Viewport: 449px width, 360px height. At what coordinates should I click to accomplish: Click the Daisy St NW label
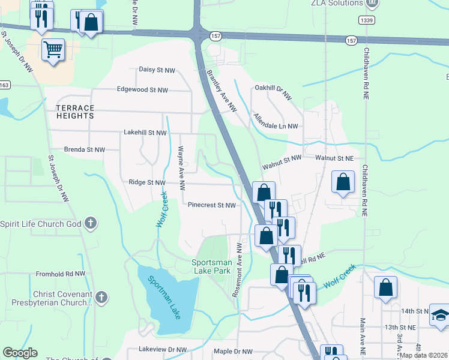tap(157, 70)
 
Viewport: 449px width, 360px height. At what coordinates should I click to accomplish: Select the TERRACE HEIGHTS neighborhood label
tap(75, 112)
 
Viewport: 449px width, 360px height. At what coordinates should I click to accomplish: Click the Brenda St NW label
tap(85, 149)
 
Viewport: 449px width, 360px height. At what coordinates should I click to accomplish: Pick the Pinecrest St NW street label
tap(211, 205)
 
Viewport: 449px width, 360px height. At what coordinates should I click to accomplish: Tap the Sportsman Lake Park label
tap(211, 267)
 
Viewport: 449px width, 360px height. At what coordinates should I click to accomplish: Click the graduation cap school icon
tap(440, 316)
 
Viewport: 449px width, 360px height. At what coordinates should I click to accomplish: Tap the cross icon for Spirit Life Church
tap(91, 224)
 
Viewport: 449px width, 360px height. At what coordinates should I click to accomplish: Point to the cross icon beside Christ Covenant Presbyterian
tap(101, 297)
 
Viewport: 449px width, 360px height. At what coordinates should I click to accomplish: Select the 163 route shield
tap(5, 85)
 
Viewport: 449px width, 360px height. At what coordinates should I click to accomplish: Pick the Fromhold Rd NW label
tap(61, 274)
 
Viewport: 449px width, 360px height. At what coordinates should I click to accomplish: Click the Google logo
tap(20, 353)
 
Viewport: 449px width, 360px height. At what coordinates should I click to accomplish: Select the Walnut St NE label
tap(335, 158)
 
